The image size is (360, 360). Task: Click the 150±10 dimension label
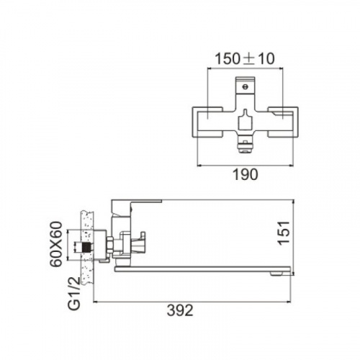(245, 59)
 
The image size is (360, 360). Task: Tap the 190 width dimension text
(246, 174)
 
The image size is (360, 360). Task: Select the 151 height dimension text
(284, 233)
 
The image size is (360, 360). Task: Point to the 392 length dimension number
(180, 310)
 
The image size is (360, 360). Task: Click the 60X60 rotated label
(56, 244)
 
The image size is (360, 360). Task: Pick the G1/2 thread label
(74, 294)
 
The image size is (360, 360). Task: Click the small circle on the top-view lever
(245, 86)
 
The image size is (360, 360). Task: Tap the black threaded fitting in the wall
(86, 247)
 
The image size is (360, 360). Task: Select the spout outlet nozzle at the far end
(277, 274)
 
